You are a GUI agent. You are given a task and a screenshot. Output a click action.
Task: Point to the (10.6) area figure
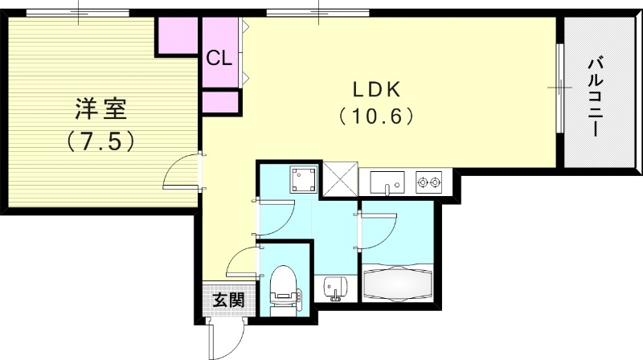point(375,117)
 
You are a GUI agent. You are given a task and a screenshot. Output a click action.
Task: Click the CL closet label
point(219,58)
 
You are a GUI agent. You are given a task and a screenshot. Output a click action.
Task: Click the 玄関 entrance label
point(228,301)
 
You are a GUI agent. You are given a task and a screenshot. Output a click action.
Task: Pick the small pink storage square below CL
point(221,102)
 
